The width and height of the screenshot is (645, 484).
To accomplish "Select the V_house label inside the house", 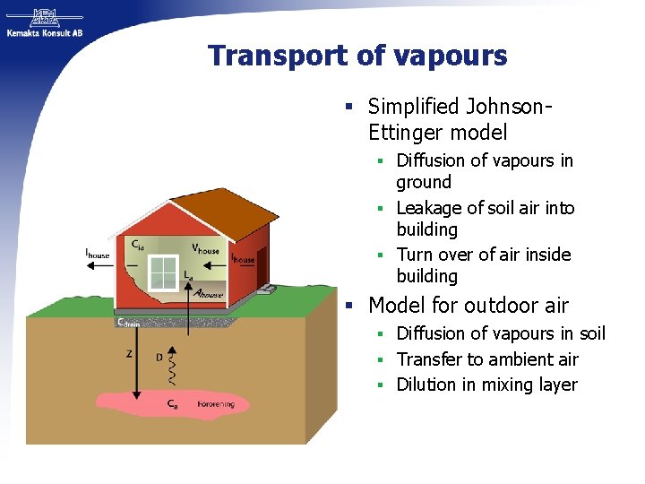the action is pos(206,248).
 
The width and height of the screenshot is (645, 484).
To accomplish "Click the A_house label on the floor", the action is pos(209,293).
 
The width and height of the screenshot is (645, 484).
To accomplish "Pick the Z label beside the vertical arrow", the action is pos(129,353).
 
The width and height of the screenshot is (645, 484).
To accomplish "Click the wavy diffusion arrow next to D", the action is pos(183,364).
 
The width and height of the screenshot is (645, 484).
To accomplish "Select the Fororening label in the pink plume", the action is pos(216,404).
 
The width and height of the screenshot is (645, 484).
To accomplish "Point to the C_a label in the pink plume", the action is pos(172,404).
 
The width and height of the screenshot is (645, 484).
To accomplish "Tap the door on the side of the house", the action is pos(262,265).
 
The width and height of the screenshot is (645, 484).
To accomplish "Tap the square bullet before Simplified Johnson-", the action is pos(352,108).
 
